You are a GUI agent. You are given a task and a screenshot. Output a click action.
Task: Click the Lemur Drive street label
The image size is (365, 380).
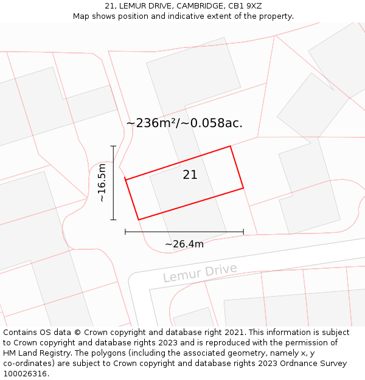(200, 273)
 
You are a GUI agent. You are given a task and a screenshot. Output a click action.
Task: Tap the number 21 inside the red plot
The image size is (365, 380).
(190, 175)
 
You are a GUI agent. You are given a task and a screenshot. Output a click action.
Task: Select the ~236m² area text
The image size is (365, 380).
(152, 123)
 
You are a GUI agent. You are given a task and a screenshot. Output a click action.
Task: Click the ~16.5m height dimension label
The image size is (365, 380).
(102, 182)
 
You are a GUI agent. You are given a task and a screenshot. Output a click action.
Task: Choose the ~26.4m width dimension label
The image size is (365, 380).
(184, 244)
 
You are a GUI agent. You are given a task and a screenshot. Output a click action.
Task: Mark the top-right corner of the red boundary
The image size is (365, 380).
(230, 147)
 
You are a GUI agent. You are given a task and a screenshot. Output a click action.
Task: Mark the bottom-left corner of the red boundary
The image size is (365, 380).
(139, 219)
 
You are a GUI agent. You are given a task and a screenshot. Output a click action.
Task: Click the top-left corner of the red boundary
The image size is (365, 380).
(125, 179)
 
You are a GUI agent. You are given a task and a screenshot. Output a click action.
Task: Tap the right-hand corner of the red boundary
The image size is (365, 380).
(243, 188)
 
